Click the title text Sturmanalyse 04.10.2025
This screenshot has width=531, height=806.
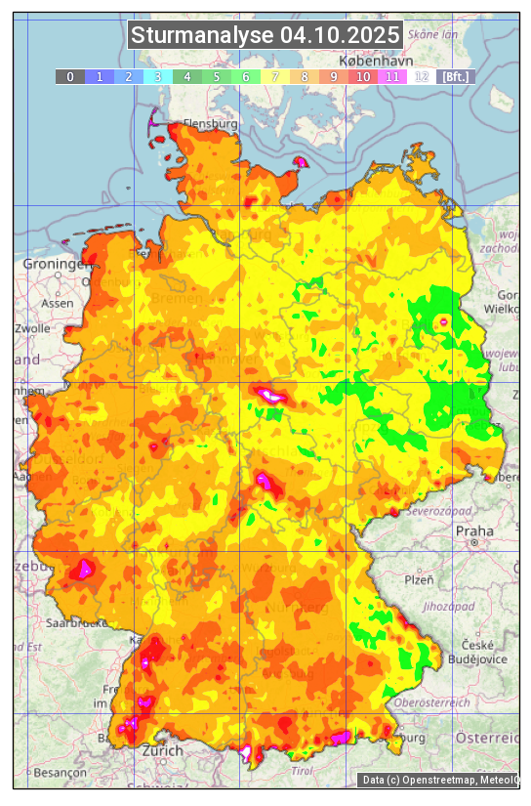pyautogui.click(x=265, y=35)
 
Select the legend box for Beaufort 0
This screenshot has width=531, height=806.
pyautogui.click(x=69, y=76)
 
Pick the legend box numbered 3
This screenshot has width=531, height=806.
pyautogui.click(x=157, y=76)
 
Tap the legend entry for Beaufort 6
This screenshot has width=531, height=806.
pyautogui.click(x=245, y=76)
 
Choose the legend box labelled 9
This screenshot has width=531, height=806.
pyautogui.click(x=333, y=76)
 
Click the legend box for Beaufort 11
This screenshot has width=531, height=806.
pyautogui.click(x=391, y=76)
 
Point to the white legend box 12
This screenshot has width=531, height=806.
pyautogui.click(x=421, y=76)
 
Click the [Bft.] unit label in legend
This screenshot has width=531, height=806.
pyautogui.click(x=455, y=76)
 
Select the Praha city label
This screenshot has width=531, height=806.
pyautogui.click(x=473, y=530)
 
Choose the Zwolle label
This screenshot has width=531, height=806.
pyautogui.click(x=32, y=328)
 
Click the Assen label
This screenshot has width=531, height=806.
pyautogui.click(x=58, y=303)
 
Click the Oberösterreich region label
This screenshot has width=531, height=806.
pyautogui.click(x=432, y=701)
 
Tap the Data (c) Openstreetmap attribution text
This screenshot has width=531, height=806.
pyautogui.click(x=439, y=780)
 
